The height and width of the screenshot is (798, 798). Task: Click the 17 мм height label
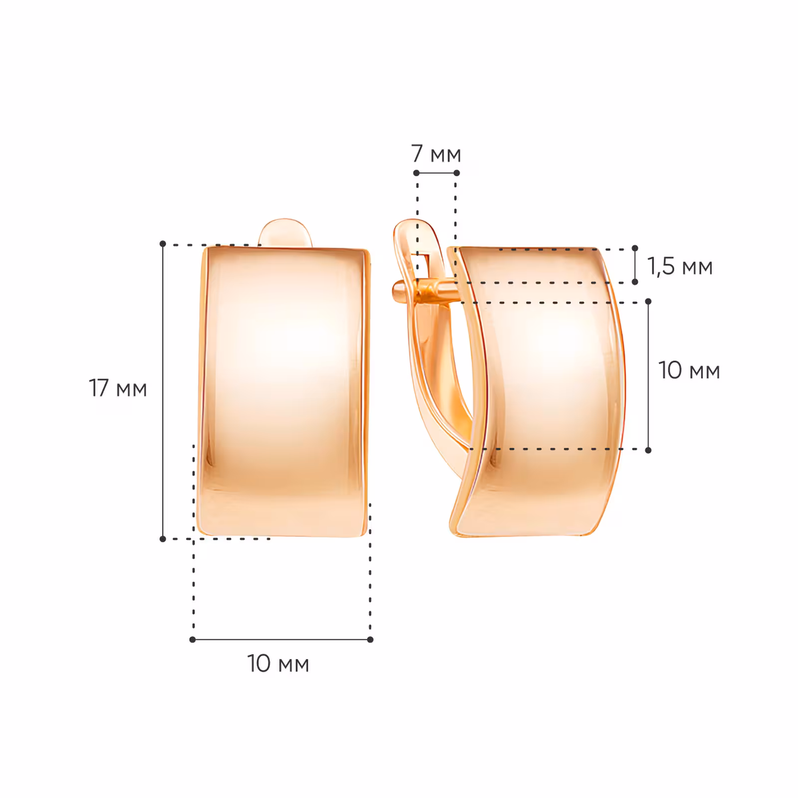click(118, 389)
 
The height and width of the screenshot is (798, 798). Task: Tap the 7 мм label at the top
click(436, 154)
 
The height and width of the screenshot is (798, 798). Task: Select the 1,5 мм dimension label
click(680, 267)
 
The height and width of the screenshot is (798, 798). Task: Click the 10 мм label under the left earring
click(278, 664)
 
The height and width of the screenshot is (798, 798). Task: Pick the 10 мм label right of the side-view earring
click(689, 371)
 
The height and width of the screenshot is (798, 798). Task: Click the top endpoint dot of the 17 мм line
click(163, 244)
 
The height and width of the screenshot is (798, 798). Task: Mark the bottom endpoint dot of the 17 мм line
click(163, 539)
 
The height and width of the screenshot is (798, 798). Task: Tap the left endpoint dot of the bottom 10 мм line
click(193, 639)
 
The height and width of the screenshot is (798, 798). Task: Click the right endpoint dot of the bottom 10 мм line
click(370, 639)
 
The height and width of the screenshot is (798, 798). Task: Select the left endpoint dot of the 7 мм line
click(416, 173)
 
